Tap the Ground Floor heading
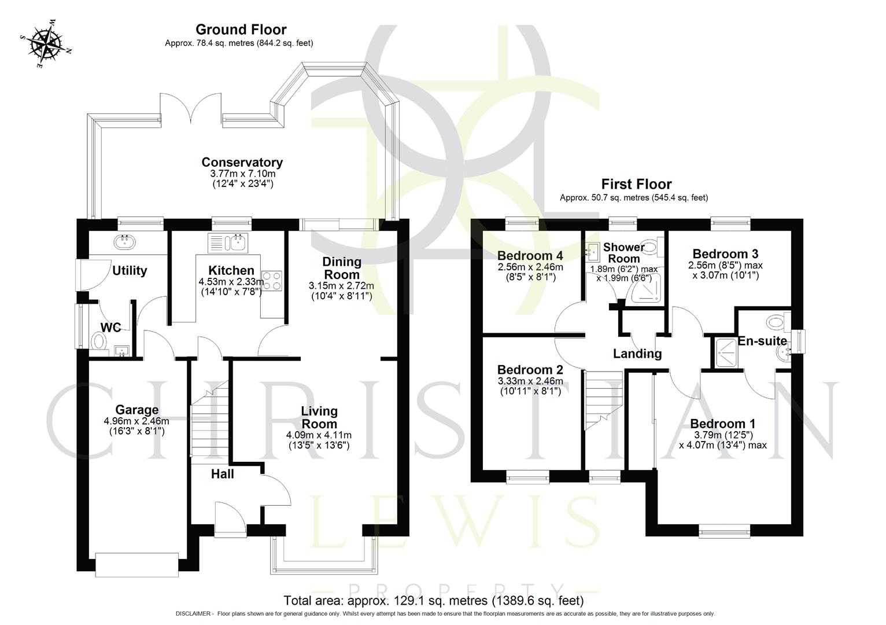pos(241,30)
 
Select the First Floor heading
pos(636,184)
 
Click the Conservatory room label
pos(242,163)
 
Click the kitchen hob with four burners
pos(272,280)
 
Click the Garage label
pos(136,410)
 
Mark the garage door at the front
pos(137,564)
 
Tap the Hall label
pos(222,474)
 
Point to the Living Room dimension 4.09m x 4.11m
pos(319,435)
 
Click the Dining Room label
pos(341,268)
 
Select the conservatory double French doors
pos(190,108)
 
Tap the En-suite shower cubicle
pos(723,351)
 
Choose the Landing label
pos(637,354)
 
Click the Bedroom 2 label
pos(530,370)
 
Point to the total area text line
pos(433,600)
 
